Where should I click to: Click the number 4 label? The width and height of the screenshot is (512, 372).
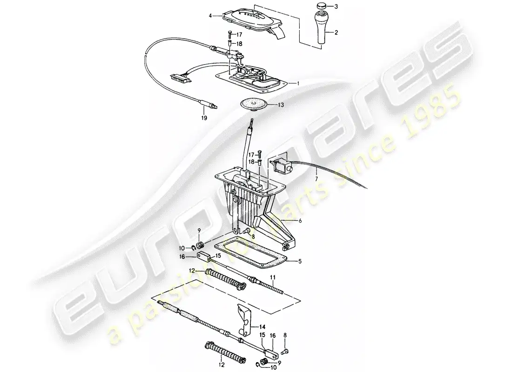click(210, 16)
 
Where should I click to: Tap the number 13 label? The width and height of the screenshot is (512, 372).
click(280, 106)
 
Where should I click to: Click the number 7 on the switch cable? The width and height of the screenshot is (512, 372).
click(317, 178)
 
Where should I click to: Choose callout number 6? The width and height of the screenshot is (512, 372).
click(300, 221)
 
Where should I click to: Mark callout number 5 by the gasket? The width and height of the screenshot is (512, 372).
click(300, 261)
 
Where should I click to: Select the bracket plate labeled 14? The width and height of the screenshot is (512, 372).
click(243, 321)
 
